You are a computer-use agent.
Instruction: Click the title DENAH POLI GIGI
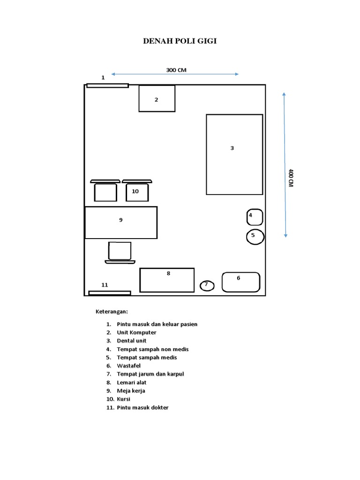[x=180, y=41]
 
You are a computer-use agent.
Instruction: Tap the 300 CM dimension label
[x=176, y=70]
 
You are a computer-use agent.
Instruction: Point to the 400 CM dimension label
[x=291, y=178]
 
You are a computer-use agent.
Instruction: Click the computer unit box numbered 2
[x=157, y=98]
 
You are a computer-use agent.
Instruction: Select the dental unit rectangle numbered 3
[x=234, y=155]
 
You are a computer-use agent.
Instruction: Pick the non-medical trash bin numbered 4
[x=255, y=217]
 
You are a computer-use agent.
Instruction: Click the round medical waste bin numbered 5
[x=255, y=237]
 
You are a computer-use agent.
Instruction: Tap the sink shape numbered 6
[x=241, y=282]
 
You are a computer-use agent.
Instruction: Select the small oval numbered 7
[x=207, y=286]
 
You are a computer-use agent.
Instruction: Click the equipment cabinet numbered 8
[x=167, y=280]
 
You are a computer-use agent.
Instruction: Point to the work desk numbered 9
[x=121, y=223]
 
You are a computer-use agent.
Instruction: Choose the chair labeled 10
[x=137, y=190]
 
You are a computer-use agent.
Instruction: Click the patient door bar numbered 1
[x=107, y=86]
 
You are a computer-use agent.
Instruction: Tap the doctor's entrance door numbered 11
[x=110, y=293]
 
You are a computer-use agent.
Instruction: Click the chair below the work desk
[x=120, y=253]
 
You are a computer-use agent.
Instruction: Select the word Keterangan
[x=112, y=312]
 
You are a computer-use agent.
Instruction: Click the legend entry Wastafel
[x=128, y=366]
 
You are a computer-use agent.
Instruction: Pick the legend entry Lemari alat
[x=132, y=382]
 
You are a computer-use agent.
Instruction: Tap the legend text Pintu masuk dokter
[x=142, y=408]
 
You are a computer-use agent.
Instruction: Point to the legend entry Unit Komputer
[x=136, y=333]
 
